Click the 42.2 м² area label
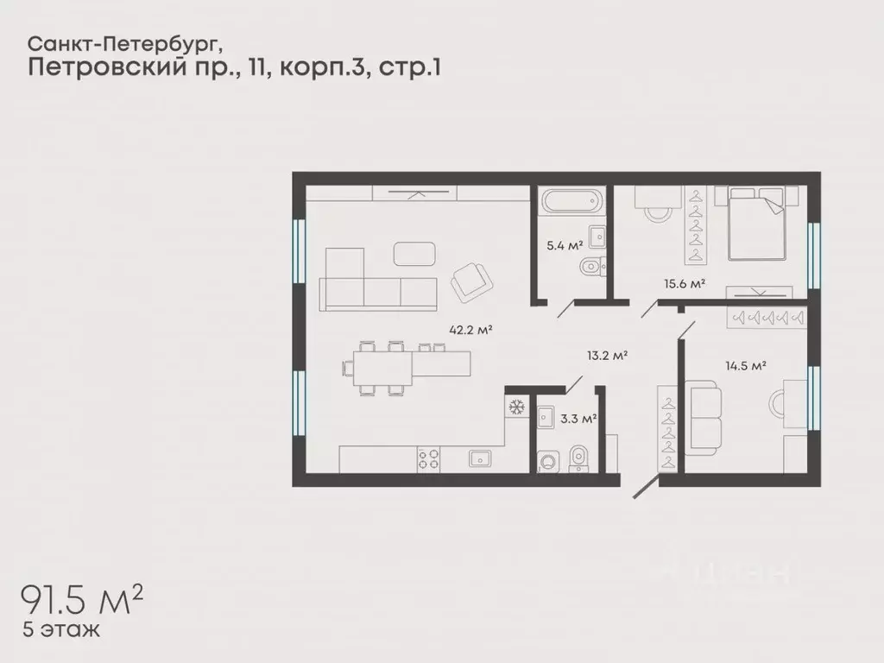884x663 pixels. coord(470,329)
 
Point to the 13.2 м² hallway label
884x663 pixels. coord(606,354)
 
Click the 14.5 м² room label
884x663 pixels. coord(746,366)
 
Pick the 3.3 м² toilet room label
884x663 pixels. coord(578,419)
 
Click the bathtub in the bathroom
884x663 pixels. coord(569,204)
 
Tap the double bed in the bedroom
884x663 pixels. coord(757,224)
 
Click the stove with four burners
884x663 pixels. coord(429,458)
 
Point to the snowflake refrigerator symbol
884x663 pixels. coord(516,407)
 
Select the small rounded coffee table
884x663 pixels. coord(415,253)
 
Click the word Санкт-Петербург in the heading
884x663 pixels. coord(130,42)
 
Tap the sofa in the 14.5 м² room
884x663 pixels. coord(704,417)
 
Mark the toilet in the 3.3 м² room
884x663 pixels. coord(578,458)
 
